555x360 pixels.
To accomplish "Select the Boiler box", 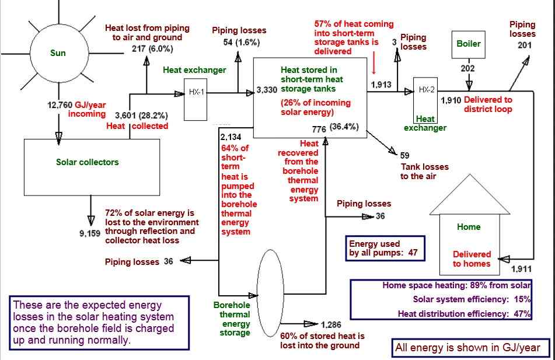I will [x=469, y=44].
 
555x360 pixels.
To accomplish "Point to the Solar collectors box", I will [x=88, y=162].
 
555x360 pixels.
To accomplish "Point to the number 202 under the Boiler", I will [x=467, y=68].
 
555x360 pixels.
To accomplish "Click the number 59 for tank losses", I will [x=405, y=155].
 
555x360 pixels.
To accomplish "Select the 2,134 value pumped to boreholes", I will [x=231, y=137].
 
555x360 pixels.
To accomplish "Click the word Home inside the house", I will [x=469, y=227].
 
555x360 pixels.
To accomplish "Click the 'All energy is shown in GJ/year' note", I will [x=467, y=348].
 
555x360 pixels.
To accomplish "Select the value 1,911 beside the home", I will [x=521, y=269].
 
